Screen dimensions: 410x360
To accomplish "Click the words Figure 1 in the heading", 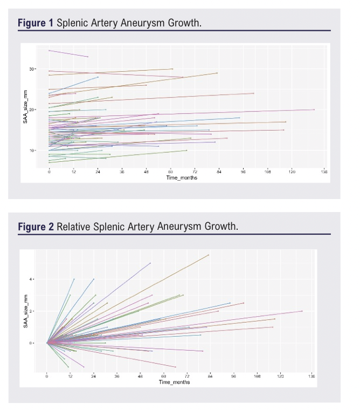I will [36, 24].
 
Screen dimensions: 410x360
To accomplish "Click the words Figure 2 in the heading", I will [36, 227].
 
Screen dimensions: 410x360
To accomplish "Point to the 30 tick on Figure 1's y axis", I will [32, 69].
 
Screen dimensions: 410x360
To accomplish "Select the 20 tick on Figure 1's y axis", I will [32, 110].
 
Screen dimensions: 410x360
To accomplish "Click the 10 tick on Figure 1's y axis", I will [32, 150].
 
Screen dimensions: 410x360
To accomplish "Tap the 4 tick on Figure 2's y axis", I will [32, 279].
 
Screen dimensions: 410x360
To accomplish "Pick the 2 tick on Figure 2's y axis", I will [32, 311].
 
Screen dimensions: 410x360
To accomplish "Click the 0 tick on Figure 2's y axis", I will [32, 343].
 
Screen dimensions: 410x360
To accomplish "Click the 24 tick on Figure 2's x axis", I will [94, 376].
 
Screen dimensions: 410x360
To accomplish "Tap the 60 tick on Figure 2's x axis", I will [164, 376].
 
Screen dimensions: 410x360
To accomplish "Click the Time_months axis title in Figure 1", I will [181, 177].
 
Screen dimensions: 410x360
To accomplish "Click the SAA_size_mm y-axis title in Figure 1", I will [25, 108].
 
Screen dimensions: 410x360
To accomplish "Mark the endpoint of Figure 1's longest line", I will [314, 110].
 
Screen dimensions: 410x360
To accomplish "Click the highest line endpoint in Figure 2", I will [209, 255].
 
